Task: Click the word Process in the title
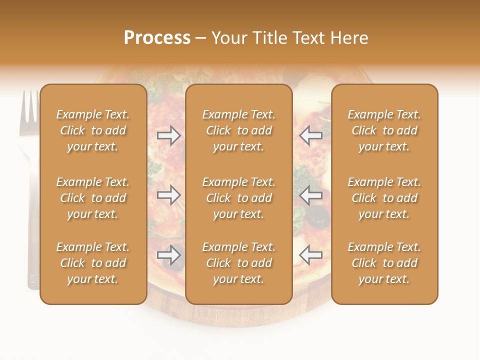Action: point(157,38)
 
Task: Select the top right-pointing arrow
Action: point(169,135)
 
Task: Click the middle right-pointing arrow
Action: point(169,195)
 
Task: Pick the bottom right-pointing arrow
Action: point(169,255)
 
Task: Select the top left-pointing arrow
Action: point(310,135)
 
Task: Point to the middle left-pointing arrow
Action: point(310,195)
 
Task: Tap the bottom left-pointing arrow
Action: point(310,255)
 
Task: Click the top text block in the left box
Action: point(93,130)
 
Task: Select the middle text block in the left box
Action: point(93,198)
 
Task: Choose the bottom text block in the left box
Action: point(93,263)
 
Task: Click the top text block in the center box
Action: point(239,130)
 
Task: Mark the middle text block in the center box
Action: point(239,198)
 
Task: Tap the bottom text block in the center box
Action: point(239,263)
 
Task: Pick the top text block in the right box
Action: point(384,130)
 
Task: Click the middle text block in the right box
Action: point(384,198)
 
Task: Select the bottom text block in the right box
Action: point(384,263)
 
